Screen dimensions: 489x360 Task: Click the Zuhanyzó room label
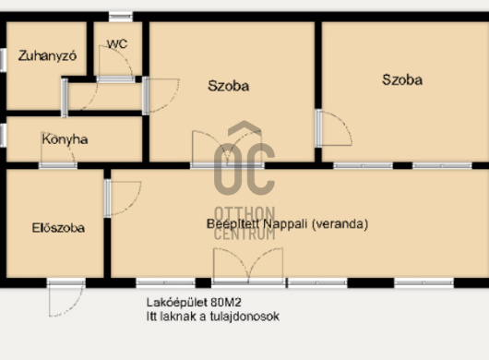click(x=47, y=55)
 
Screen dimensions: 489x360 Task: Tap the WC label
click(x=117, y=43)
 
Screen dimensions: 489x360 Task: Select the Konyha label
click(x=65, y=139)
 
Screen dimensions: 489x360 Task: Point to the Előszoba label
click(x=58, y=228)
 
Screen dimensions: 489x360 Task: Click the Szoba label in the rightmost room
click(x=402, y=80)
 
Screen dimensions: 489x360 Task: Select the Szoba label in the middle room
click(x=229, y=86)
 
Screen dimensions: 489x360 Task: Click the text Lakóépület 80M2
click(x=194, y=302)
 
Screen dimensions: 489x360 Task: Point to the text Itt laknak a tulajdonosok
click(x=213, y=317)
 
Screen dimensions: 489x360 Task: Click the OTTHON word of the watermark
click(x=244, y=214)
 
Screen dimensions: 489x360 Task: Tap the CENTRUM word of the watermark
click(x=244, y=234)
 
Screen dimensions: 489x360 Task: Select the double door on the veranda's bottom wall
click(x=248, y=266)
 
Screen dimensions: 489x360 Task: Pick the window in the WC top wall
click(x=121, y=17)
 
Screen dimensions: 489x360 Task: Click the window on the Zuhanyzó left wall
click(x=3, y=60)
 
